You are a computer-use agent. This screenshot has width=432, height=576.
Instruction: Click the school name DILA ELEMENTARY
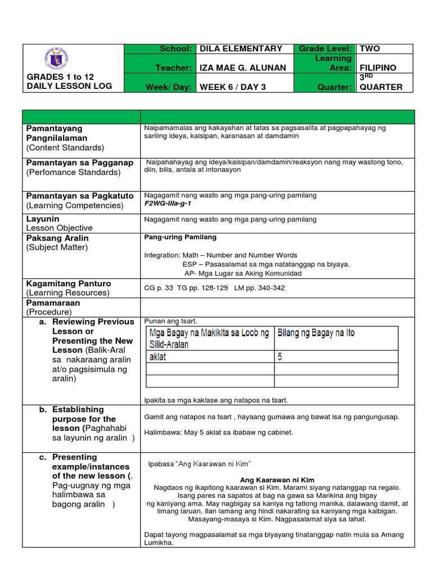241,49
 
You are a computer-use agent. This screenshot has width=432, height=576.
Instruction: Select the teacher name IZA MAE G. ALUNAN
243,68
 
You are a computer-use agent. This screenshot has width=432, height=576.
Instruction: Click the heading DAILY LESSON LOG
69,86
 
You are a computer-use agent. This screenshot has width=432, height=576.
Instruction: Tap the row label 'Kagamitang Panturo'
69,283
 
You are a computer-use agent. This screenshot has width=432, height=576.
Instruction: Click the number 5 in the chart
280,357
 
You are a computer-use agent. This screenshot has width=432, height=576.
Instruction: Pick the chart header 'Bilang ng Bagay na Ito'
316,333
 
